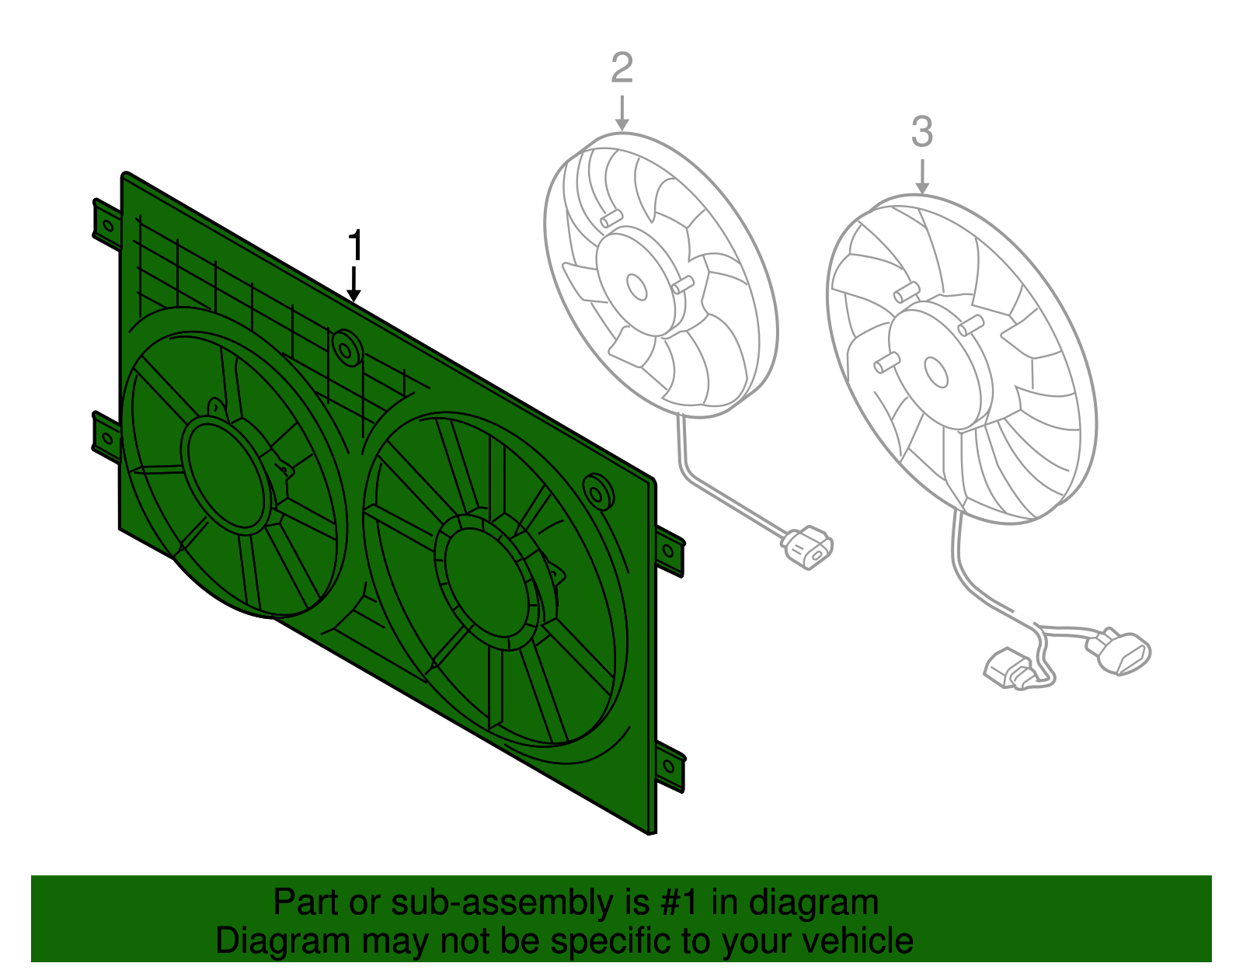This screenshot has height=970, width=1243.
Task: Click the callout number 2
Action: coord(621,68)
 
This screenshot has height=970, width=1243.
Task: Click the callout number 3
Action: coord(921,132)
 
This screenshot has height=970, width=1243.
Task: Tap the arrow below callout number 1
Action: coord(354,284)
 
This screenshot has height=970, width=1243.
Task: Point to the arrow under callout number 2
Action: coord(621,113)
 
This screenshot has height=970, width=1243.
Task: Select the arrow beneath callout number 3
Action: coord(922,177)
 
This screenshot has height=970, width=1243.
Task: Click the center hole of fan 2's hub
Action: coord(637,287)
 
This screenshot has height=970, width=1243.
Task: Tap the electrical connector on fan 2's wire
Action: coord(808,546)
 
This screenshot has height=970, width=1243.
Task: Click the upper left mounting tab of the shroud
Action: coord(106,224)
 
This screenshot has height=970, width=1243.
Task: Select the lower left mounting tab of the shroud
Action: coord(106,436)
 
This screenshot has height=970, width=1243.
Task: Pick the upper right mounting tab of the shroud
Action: coord(670,550)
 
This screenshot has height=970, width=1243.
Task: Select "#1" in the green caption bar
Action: coord(681,903)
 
